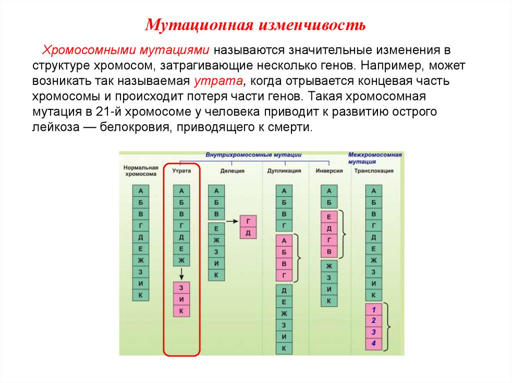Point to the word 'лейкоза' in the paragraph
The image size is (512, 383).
coord(54,127)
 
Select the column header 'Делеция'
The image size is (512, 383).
coord(232,171)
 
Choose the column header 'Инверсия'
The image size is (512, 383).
coord(329,171)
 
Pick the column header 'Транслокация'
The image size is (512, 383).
coord(373,171)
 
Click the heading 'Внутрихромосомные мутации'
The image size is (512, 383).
coord(253,155)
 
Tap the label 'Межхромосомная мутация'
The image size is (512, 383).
coord(374,158)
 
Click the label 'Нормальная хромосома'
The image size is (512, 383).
coord(141,171)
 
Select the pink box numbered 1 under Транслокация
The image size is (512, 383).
coord(373,310)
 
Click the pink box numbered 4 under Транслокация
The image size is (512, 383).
coord(373,344)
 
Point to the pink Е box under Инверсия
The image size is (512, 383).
coord(328,217)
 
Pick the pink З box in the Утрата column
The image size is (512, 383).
coord(181,288)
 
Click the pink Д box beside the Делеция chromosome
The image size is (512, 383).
coord(248,233)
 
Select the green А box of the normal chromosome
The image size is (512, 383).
coord(140,190)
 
